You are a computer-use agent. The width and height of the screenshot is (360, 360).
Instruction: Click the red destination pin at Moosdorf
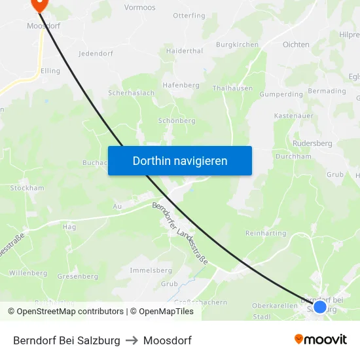[x=40, y=4]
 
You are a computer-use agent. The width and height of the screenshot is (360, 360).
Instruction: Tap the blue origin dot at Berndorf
[x=319, y=306]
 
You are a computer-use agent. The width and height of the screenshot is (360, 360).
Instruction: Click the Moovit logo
[x=321, y=340]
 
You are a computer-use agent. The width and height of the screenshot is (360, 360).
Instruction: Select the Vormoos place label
[x=139, y=7]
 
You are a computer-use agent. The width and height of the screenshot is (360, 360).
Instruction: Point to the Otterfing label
[x=189, y=16]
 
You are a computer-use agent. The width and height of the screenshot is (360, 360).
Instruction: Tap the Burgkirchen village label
[x=237, y=45]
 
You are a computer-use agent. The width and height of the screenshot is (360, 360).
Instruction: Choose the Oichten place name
[x=296, y=45]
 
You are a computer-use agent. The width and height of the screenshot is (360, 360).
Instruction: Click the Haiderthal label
[x=185, y=50]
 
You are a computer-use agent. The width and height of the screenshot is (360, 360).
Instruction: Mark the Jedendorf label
[x=97, y=54]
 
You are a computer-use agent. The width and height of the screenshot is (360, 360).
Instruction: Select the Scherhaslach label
[x=131, y=93]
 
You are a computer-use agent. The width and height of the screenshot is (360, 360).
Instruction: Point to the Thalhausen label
[x=232, y=88]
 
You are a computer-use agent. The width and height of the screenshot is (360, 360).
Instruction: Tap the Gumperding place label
[x=281, y=94]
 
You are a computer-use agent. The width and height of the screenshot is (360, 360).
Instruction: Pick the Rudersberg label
[x=313, y=143]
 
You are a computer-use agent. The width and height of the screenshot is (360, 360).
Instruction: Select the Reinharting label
[x=266, y=233]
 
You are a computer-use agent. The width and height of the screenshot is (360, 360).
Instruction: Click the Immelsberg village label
[x=151, y=270]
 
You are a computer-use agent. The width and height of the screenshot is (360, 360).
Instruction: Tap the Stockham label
[x=27, y=188]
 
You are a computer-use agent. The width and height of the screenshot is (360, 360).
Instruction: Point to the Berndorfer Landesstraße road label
[x=180, y=233]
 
